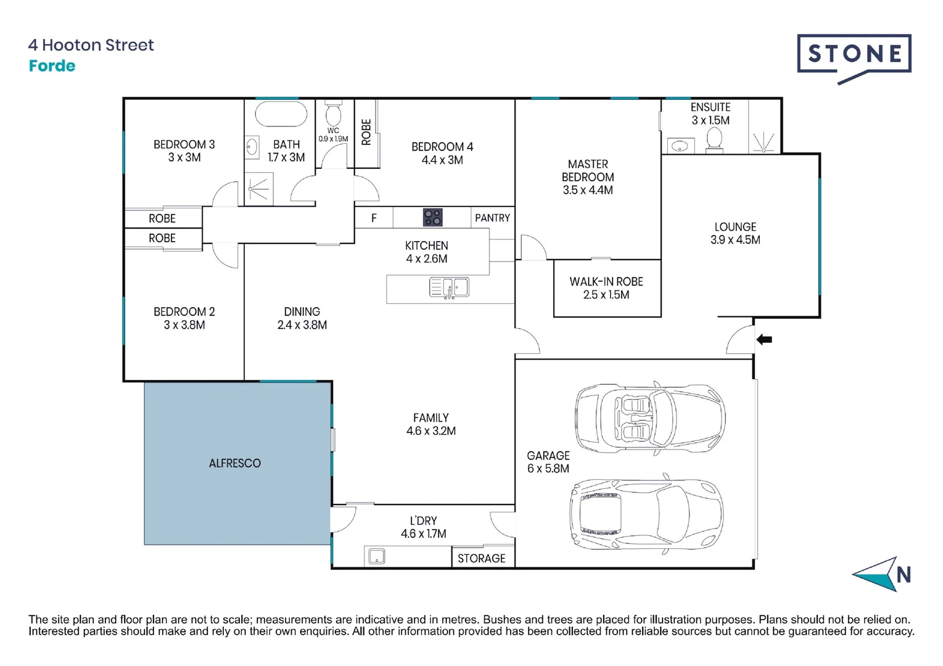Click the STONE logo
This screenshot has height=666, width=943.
click(854, 55)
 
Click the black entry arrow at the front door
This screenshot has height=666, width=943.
click(764, 339)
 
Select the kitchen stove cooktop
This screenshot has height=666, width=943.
click(432, 218)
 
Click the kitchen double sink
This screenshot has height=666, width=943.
click(449, 287)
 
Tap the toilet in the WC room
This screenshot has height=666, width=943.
click(333, 114)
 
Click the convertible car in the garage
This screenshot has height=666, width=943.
click(649, 418)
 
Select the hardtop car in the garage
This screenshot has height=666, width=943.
click(646, 514)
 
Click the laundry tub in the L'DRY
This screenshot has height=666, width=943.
click(376, 556)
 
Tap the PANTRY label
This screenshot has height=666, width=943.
click(492, 218)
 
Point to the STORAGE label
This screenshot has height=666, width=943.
click(481, 558)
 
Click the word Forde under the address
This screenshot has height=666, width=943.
click(52, 66)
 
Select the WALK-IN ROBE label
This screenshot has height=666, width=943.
click(606, 282)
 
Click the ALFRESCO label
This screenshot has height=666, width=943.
click(234, 463)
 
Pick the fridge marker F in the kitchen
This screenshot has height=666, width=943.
click(374, 218)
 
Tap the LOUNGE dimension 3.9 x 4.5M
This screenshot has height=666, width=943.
click(735, 240)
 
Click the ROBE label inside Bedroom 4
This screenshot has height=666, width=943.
click(366, 132)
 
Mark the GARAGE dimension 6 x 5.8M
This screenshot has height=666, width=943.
click(548, 469)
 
